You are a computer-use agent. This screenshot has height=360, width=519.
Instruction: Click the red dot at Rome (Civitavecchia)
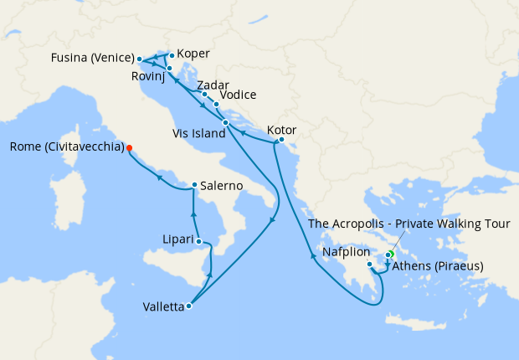pos(131,148)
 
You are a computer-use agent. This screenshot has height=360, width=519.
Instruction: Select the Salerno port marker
pos(194,185)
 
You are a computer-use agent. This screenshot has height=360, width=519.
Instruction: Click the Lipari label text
pos(177,241)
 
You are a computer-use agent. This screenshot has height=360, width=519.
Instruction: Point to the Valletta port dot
pos(189,306)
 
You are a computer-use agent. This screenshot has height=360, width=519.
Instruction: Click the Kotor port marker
pos(281,140)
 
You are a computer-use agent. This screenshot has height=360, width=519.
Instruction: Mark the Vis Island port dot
pos(225,123)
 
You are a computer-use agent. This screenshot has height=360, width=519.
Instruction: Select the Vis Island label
pos(199,132)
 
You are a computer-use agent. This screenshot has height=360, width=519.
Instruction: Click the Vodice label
pos(238,95)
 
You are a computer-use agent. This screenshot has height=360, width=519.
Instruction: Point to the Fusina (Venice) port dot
pos(139,59)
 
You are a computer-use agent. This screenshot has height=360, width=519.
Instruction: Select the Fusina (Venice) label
pos(91,59)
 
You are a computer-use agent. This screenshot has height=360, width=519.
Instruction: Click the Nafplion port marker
pos(369,265)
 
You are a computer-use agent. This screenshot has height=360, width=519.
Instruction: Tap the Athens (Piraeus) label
pos(438,267)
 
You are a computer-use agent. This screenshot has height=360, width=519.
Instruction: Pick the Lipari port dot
pos(198,241)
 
